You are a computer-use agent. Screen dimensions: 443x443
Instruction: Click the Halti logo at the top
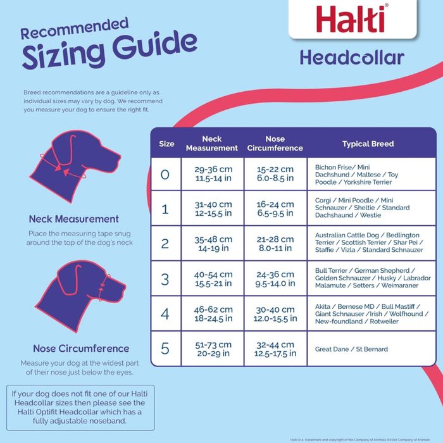[x=352, y=20]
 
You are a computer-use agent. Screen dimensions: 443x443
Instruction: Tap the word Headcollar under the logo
[x=352, y=58]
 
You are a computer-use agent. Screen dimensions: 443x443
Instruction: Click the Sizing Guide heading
[x=109, y=49]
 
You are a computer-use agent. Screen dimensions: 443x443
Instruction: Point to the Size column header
[x=166, y=144]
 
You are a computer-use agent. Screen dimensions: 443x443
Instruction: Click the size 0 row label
[x=166, y=174]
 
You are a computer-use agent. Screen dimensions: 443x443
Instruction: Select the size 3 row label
[x=166, y=279]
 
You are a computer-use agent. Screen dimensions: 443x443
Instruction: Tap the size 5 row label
[x=166, y=349]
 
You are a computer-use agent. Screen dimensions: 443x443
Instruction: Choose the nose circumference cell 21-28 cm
[x=275, y=244]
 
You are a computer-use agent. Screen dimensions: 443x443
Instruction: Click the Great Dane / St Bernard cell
[x=351, y=349]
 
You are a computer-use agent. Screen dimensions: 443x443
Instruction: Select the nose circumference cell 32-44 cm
[x=275, y=349]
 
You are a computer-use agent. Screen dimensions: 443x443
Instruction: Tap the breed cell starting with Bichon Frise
[x=357, y=174]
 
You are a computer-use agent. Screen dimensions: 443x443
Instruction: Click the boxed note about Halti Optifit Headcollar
[x=78, y=407]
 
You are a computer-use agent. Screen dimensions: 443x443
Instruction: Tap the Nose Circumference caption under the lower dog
[x=81, y=349]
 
